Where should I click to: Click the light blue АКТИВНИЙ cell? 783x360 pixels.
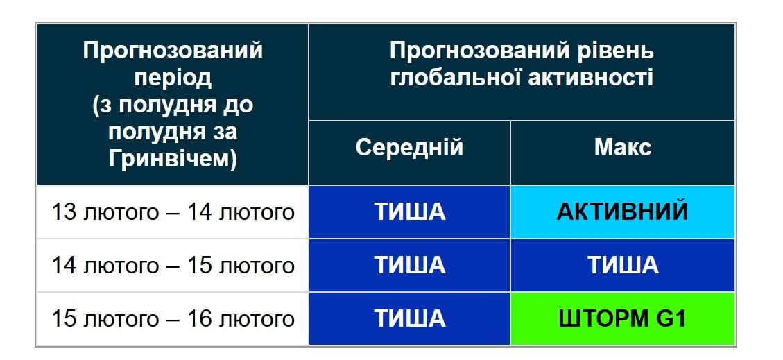(622, 212)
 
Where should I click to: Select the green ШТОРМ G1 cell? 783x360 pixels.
(622, 319)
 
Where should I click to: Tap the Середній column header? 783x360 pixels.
(409, 148)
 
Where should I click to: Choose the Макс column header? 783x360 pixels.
(622, 148)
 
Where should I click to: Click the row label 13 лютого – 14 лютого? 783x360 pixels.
(173, 212)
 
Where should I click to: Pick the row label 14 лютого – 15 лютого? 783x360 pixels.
(173, 266)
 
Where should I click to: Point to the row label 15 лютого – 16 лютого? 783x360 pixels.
(173, 319)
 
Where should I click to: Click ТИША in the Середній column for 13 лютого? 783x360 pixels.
(409, 212)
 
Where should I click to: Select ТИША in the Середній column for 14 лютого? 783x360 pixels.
(409, 266)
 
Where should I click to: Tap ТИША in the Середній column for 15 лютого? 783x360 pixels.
(409, 319)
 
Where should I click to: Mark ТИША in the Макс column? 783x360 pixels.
(622, 266)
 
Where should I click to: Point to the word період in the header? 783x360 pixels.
(173, 78)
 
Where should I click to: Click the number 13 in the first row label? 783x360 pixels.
(63, 212)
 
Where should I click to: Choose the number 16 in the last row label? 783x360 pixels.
(200, 319)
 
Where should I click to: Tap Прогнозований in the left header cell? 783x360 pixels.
(173, 51)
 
